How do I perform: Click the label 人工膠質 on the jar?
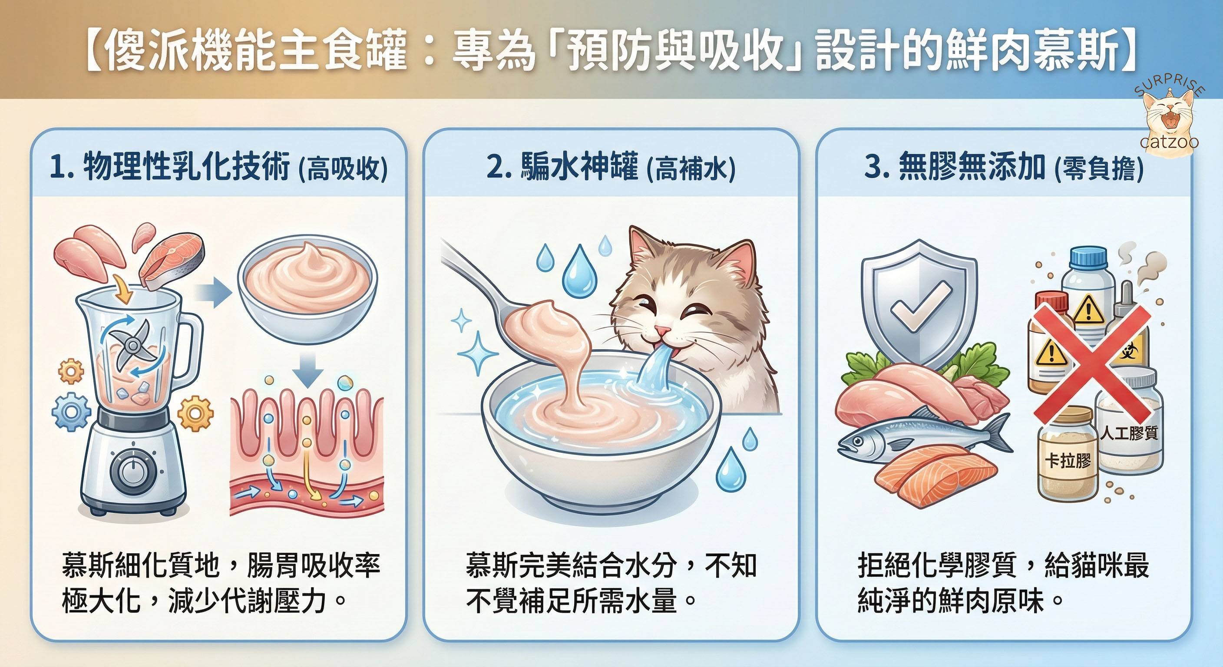point(1130,433)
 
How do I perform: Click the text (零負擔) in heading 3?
point(1099,169)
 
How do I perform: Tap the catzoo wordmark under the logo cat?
point(1169,142)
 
